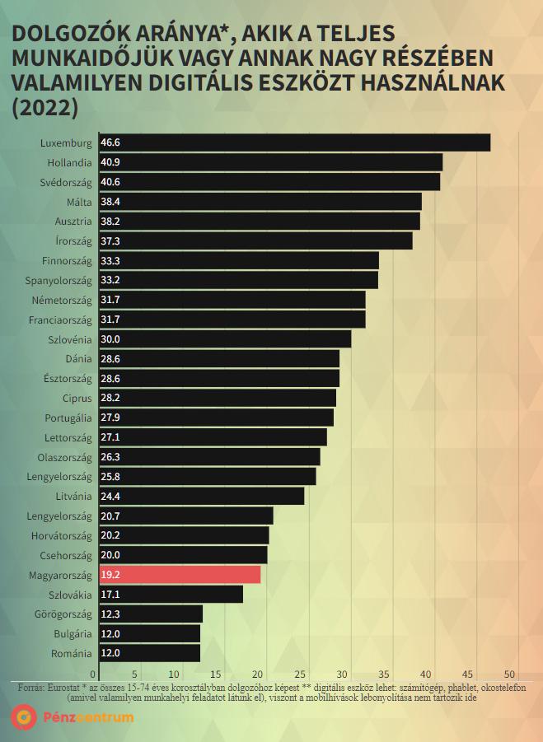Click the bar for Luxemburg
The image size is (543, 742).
tap(294, 142)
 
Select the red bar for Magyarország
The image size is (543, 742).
tap(180, 575)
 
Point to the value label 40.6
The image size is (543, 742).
tap(110, 182)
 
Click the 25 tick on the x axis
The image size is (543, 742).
tap(305, 671)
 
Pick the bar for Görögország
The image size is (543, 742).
tap(150, 614)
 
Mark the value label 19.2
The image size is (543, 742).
tap(110, 575)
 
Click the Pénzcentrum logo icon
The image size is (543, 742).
tap(22, 717)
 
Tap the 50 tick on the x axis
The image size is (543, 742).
tap(517, 671)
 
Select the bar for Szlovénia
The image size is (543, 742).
tap(225, 339)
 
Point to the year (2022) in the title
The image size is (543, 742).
tap(44, 108)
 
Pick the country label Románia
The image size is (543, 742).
tap(71, 653)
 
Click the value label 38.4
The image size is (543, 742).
tap(110, 202)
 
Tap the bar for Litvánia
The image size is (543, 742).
tap(201, 496)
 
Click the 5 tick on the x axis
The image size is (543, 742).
tap(135, 671)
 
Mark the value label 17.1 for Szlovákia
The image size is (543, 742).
tap(110, 595)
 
